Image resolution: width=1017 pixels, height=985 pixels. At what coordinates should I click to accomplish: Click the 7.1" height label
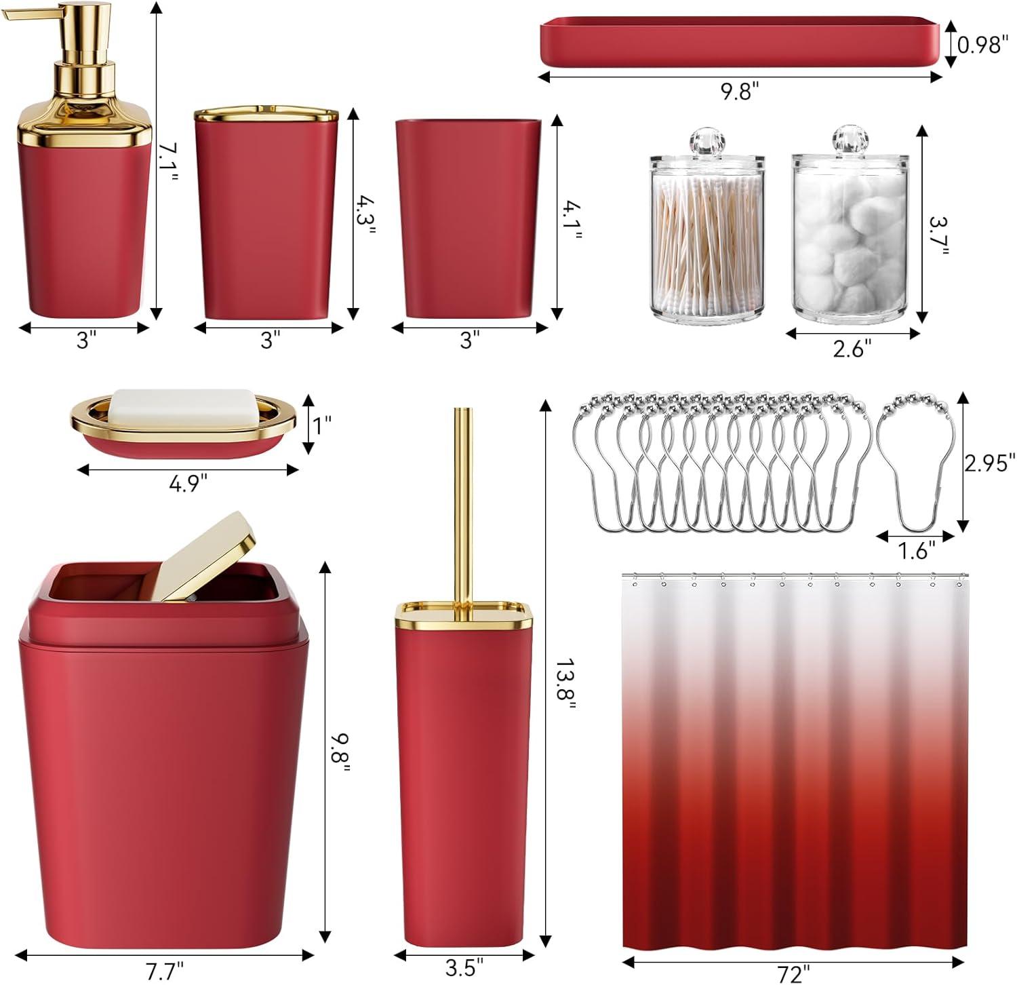[x=169, y=162]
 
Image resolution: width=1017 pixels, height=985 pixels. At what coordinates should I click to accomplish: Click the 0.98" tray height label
[x=982, y=45]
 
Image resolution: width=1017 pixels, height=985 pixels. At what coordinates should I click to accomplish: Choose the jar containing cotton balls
[x=850, y=225]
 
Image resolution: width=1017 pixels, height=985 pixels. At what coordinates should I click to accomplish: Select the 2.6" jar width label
[x=851, y=349]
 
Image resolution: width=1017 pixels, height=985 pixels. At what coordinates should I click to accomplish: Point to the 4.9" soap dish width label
[x=187, y=483]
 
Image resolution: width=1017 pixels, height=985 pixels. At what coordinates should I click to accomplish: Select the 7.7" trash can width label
[x=164, y=971]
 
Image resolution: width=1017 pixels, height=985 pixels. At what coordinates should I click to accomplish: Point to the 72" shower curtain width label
[x=792, y=974]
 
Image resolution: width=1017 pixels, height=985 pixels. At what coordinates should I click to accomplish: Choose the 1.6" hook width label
[x=916, y=550]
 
